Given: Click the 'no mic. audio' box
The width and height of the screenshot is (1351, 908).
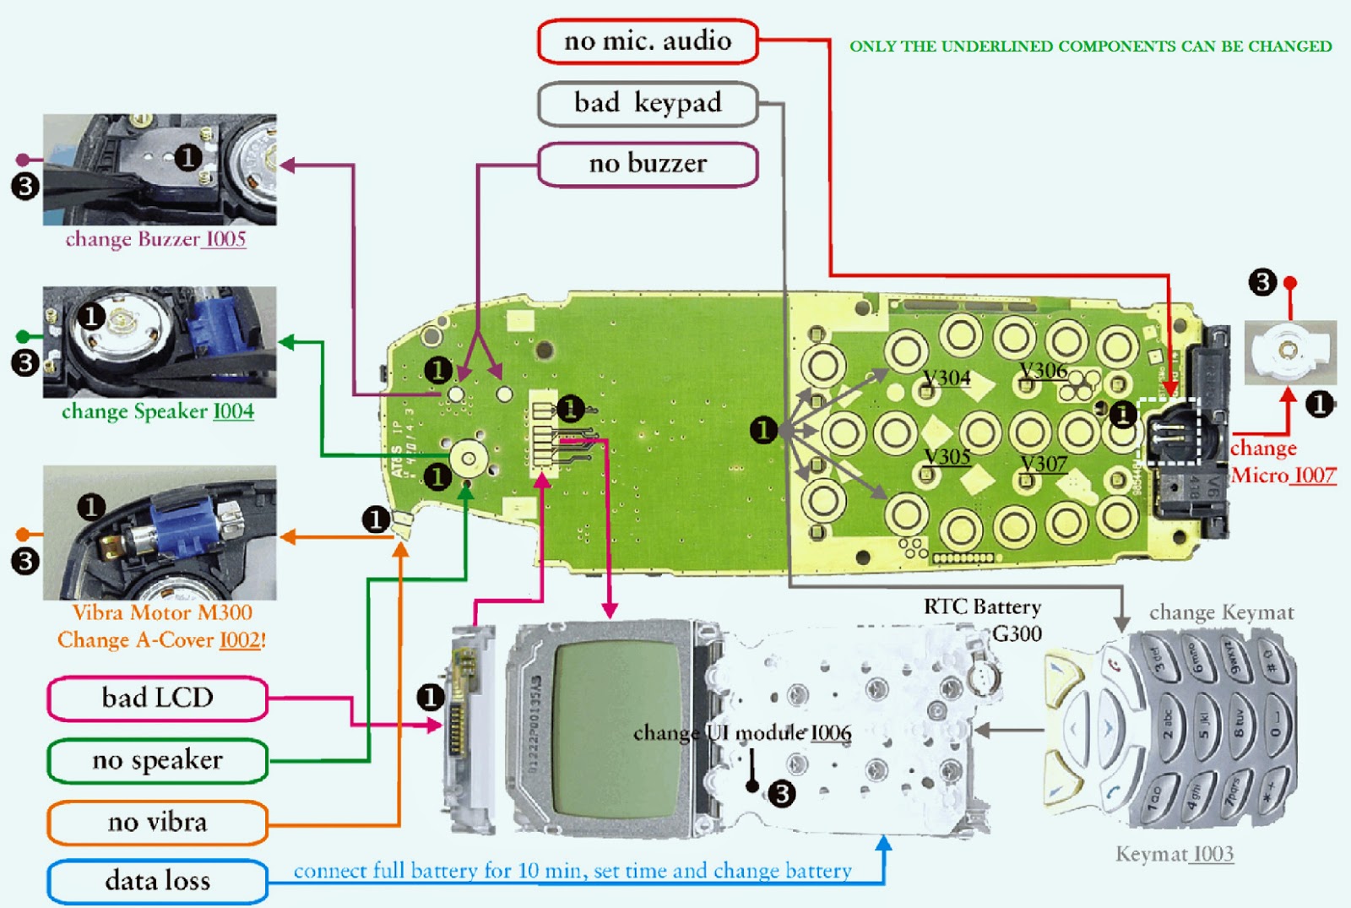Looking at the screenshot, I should [x=648, y=41].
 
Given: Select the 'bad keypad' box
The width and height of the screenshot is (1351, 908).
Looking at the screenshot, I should [x=648, y=104].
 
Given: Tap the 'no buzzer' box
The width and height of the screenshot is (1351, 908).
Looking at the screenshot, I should [x=648, y=164].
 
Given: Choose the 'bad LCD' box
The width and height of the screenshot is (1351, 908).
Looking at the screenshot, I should [x=157, y=699].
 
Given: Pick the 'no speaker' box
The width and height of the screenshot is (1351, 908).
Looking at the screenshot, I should [x=157, y=761].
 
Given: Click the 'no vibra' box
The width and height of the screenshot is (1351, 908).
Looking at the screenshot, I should [x=157, y=823].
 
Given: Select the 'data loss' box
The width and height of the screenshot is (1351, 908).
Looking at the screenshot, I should [x=157, y=882].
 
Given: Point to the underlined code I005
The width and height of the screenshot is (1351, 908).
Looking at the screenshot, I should [x=225, y=240].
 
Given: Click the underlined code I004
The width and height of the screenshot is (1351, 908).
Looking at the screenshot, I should [x=233, y=412].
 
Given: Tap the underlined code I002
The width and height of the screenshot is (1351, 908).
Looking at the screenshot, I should [x=240, y=641].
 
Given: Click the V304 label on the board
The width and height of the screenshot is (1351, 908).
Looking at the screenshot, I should [x=947, y=378].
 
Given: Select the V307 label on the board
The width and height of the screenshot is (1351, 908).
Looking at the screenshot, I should [x=1044, y=464].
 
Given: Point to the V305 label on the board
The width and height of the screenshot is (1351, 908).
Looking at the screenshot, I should [x=947, y=457].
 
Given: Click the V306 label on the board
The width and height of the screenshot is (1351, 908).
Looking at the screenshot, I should [x=1044, y=371].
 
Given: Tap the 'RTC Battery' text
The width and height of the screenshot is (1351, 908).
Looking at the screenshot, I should [x=982, y=607].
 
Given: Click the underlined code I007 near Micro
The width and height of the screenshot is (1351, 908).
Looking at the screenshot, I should [x=1315, y=476].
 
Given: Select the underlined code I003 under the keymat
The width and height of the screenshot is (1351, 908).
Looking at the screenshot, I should [x=1213, y=855].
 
